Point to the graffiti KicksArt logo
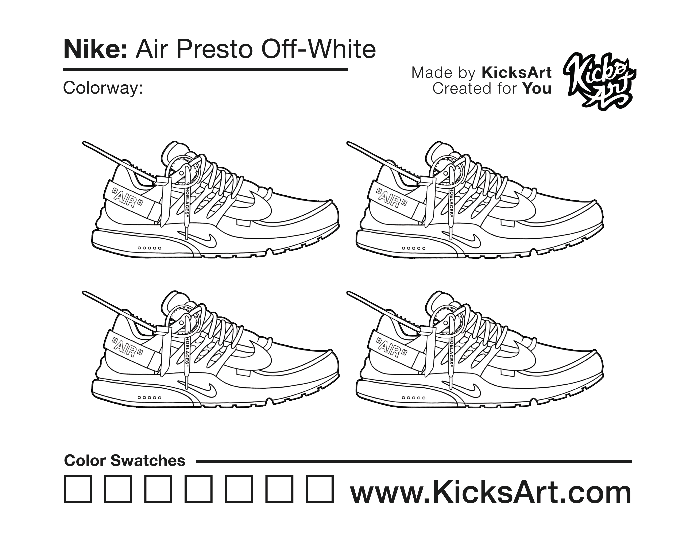coord(599,81)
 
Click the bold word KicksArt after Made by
coord(516,73)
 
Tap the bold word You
coord(537,89)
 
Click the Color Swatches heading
coord(125,461)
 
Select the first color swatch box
coord(78,489)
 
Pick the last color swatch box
coord(320,489)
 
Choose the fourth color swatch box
coord(199,489)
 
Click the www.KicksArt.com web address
coord(491,492)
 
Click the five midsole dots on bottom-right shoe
coord(414,398)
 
